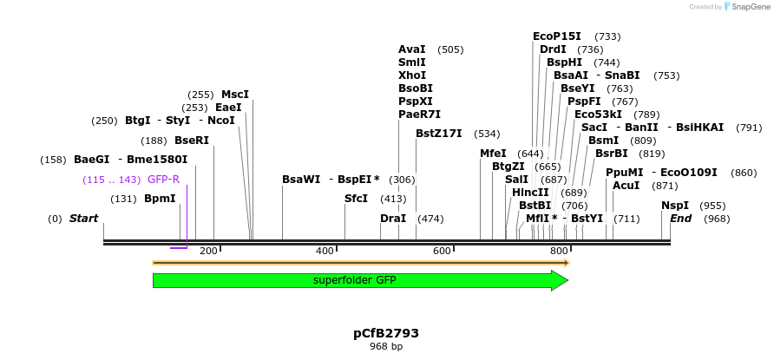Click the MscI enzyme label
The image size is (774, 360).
click(x=235, y=95)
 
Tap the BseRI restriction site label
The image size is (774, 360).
click(x=192, y=140)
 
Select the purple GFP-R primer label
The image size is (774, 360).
click(x=163, y=180)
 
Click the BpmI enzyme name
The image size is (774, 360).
click(x=160, y=199)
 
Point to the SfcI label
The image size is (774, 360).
click(x=357, y=199)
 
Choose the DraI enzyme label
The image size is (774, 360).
click(x=393, y=219)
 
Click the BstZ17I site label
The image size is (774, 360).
click(x=439, y=134)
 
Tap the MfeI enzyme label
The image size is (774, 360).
click(x=493, y=154)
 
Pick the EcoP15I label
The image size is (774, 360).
click(x=557, y=36)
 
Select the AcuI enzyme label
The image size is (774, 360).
click(x=626, y=186)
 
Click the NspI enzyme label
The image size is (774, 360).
click(x=675, y=206)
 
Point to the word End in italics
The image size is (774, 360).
click(x=680, y=219)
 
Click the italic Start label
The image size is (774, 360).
click(x=84, y=219)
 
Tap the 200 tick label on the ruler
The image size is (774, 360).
click(x=209, y=252)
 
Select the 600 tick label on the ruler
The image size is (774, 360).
click(x=442, y=252)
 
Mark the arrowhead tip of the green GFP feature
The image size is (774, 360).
click(x=567, y=280)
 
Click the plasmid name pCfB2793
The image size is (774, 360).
click(x=386, y=333)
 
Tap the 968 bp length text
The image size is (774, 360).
click(x=386, y=347)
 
